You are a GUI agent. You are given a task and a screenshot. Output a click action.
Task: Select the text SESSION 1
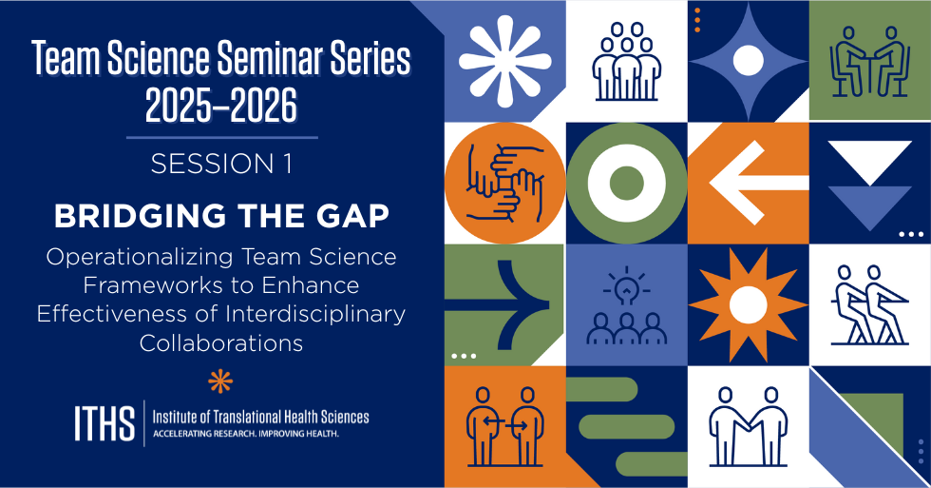point(221,165)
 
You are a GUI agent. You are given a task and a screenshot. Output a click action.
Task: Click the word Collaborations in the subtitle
point(221,342)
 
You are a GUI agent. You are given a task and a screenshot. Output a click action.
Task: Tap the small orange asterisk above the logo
point(220,381)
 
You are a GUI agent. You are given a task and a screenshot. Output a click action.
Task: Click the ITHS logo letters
point(104,423)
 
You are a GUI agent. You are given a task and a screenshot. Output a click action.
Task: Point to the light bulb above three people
point(626,283)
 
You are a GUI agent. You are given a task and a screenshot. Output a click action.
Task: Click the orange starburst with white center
point(747,303)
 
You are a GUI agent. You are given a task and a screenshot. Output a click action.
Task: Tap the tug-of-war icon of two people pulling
point(868,304)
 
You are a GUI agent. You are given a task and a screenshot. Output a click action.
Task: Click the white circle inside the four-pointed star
point(747,61)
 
